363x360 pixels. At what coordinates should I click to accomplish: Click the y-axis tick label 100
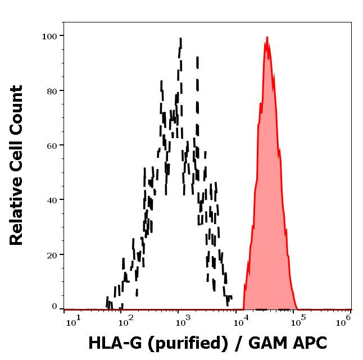point(50,37)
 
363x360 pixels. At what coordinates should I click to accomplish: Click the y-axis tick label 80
point(52,91)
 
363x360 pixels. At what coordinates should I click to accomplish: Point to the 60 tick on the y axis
point(52,145)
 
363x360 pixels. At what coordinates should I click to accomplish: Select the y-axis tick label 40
point(52,200)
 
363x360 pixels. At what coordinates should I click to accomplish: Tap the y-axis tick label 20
point(52,254)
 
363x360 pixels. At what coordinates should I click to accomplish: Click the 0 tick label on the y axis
point(55,307)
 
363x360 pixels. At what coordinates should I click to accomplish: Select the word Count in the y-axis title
point(17,110)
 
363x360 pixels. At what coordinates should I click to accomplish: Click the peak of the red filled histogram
point(267,38)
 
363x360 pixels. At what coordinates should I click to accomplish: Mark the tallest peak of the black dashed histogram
point(180,39)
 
